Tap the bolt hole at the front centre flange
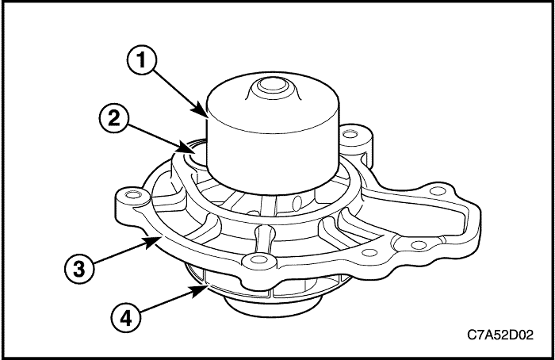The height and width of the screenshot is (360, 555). click(x=256, y=261)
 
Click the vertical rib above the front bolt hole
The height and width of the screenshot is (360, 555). click(x=258, y=238)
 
